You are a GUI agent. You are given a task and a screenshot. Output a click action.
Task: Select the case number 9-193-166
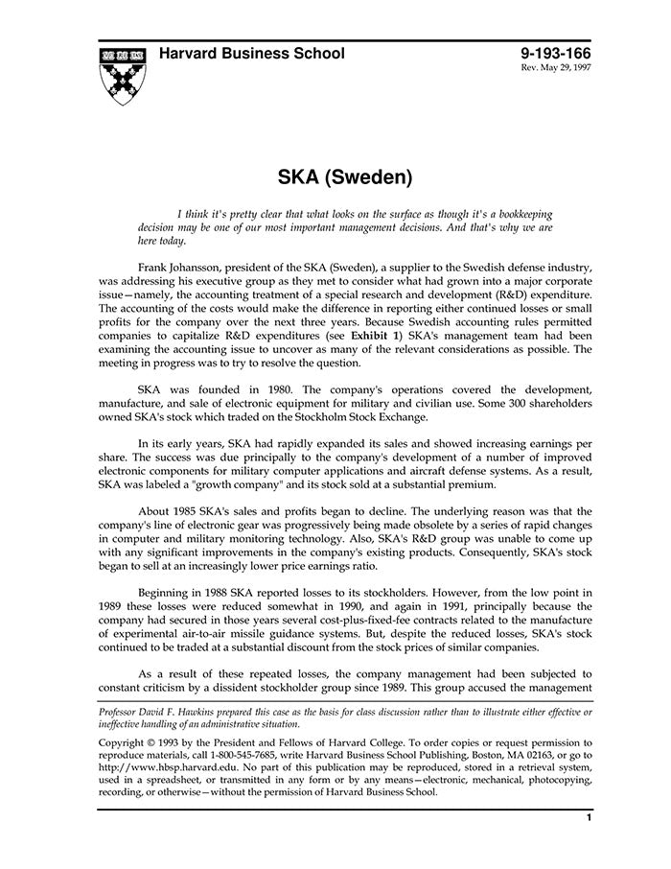pyautogui.click(x=557, y=54)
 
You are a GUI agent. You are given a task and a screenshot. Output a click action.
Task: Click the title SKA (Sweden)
pyautogui.click(x=344, y=177)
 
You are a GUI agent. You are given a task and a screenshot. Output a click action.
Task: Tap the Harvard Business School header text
pyautogui.click(x=252, y=54)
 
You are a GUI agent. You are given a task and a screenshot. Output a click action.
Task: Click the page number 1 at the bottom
pyautogui.click(x=589, y=818)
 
